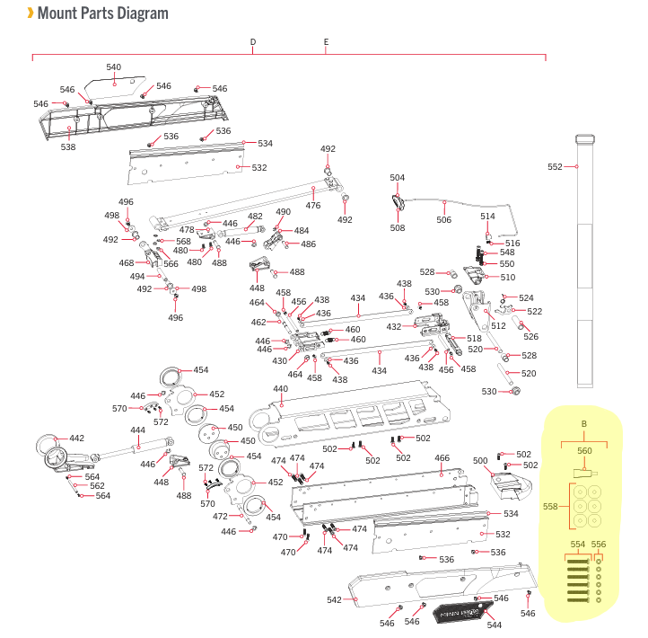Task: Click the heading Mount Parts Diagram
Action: [x=102, y=13]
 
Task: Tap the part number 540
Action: [x=113, y=67]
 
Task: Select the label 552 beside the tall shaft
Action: [x=555, y=167]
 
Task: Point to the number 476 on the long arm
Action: [x=313, y=206]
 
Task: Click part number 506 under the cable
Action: [x=444, y=219]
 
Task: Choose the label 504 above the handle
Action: [x=398, y=178]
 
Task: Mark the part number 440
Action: [x=280, y=389]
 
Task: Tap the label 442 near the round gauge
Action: [x=76, y=439]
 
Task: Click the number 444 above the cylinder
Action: [x=137, y=430]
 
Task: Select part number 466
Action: [x=442, y=458]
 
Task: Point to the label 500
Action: [x=480, y=460]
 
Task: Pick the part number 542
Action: [x=333, y=599]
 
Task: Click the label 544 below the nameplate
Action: [x=494, y=625]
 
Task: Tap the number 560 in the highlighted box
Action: [x=584, y=450]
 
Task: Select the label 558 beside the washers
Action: [x=550, y=506]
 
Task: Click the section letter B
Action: [x=583, y=423]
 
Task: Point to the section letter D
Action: [x=253, y=42]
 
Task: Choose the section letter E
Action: [x=326, y=42]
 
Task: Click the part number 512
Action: [x=499, y=326]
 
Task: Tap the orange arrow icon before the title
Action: [x=31, y=13]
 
